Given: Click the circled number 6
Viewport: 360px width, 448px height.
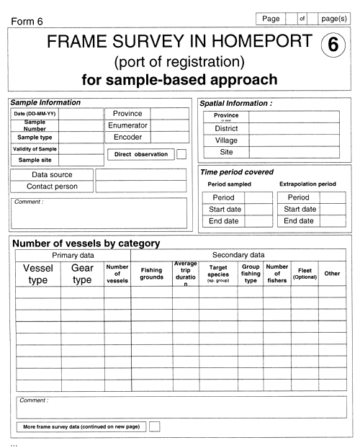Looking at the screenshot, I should [x=332, y=45].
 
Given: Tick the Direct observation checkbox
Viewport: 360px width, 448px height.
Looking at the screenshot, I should [x=181, y=154].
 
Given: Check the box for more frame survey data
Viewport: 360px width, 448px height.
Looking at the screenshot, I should [x=153, y=426].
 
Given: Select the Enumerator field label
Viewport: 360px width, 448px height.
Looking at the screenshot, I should [x=127, y=125].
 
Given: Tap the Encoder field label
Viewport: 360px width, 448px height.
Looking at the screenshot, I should [x=127, y=137].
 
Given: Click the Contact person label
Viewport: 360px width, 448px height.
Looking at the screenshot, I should [x=52, y=187].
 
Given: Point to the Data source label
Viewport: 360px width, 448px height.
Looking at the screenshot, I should [x=52, y=174].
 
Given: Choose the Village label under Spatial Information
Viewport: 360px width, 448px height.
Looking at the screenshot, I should [x=226, y=140].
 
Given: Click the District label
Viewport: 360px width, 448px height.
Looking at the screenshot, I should [x=226, y=128].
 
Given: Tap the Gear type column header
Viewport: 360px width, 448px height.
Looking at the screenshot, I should [x=82, y=274].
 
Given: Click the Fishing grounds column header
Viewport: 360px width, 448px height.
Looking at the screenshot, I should [x=151, y=274].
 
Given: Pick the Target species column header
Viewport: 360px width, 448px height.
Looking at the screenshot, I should [x=218, y=274].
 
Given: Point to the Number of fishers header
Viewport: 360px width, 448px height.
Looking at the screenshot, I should [x=277, y=274].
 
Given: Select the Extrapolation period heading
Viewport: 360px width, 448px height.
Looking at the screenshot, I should [x=307, y=184].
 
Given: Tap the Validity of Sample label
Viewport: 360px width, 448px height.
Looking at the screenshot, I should [x=35, y=149].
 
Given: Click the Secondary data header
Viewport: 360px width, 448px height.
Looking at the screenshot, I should [x=238, y=255].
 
